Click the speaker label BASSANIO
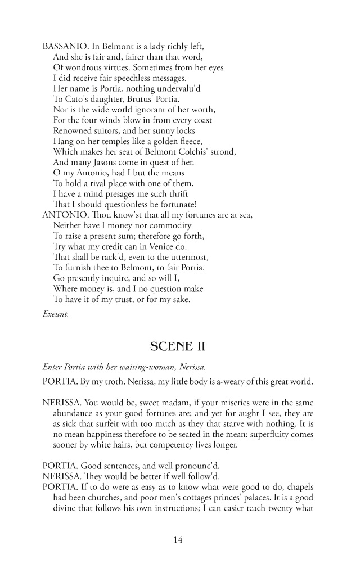pyautogui.click(x=64, y=47)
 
